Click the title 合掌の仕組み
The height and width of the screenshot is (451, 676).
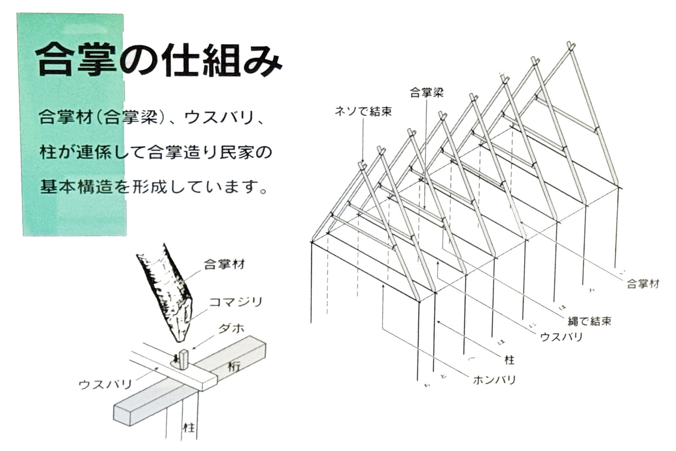[x=158, y=60]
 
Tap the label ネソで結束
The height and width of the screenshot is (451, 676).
[x=363, y=111]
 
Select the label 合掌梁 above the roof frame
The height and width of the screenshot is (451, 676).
[x=426, y=93]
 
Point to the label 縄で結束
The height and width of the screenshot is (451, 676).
[x=589, y=321]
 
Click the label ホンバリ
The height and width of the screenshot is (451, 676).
[x=494, y=380]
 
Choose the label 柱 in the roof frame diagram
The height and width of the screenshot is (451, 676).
[x=510, y=360]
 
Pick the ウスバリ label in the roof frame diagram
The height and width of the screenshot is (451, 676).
[x=561, y=337]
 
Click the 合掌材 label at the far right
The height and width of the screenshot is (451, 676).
[x=643, y=284]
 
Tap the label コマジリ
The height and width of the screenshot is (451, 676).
[x=236, y=302]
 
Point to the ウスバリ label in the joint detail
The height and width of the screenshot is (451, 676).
[x=105, y=384]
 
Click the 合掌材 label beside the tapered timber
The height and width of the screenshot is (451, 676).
[x=224, y=265]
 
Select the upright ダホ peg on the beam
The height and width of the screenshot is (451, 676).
[x=183, y=359]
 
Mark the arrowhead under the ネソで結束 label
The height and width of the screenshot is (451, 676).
[x=363, y=162]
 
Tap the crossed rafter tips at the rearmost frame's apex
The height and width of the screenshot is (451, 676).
[x=570, y=46]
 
